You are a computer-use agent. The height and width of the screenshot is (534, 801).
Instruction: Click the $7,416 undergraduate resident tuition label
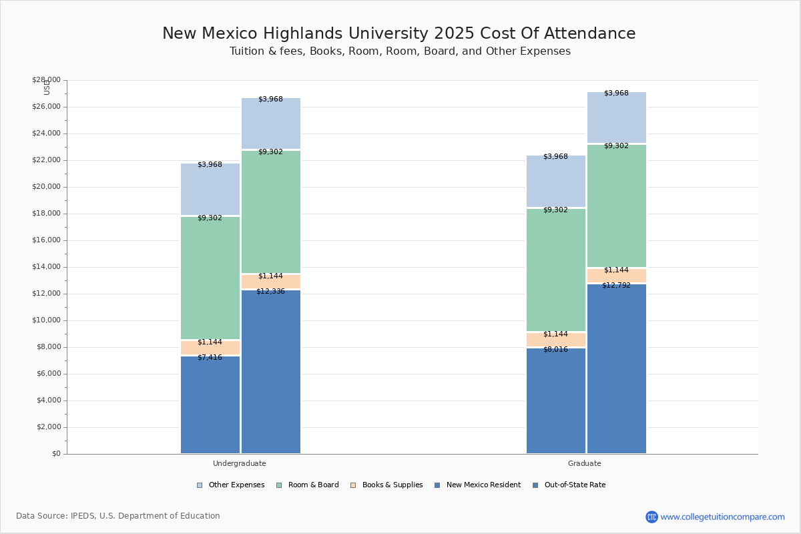pos(210,358)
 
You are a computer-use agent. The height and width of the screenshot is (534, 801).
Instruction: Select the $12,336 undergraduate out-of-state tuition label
pos(270,292)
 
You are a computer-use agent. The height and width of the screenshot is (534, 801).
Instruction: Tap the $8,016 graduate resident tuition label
pos(555,350)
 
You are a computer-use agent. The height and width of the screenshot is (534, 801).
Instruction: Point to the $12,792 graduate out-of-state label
pos(616,286)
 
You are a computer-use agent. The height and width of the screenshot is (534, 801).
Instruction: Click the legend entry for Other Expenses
pos(236,485)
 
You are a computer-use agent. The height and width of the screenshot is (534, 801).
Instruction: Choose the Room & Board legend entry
pos(312,485)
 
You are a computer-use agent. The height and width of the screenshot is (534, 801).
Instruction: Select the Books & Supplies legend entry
pos(392,485)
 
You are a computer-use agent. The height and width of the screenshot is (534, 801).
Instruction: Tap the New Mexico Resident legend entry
pos(483,485)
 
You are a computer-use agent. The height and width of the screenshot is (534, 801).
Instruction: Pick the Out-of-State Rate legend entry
pos(574,485)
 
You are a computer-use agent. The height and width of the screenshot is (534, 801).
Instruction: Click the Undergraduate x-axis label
pos(240,463)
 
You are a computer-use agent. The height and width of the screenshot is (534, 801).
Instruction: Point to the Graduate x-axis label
pos(585,463)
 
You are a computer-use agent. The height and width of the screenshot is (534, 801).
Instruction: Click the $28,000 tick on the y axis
pos(46,80)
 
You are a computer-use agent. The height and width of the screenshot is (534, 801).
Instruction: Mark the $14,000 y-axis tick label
pos(46,267)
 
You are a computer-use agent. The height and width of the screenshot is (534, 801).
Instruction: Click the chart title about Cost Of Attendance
pos(399,34)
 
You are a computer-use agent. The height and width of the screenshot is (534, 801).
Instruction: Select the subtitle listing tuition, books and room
pos(400,51)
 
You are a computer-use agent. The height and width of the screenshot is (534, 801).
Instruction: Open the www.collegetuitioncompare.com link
pos(722,517)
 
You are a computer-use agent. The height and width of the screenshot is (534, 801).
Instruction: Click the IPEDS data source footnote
pos(118,516)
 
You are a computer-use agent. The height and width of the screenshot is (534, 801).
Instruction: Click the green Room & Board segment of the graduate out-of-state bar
pos(617,206)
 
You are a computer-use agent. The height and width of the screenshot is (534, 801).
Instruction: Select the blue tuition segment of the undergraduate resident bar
pos(210,405)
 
